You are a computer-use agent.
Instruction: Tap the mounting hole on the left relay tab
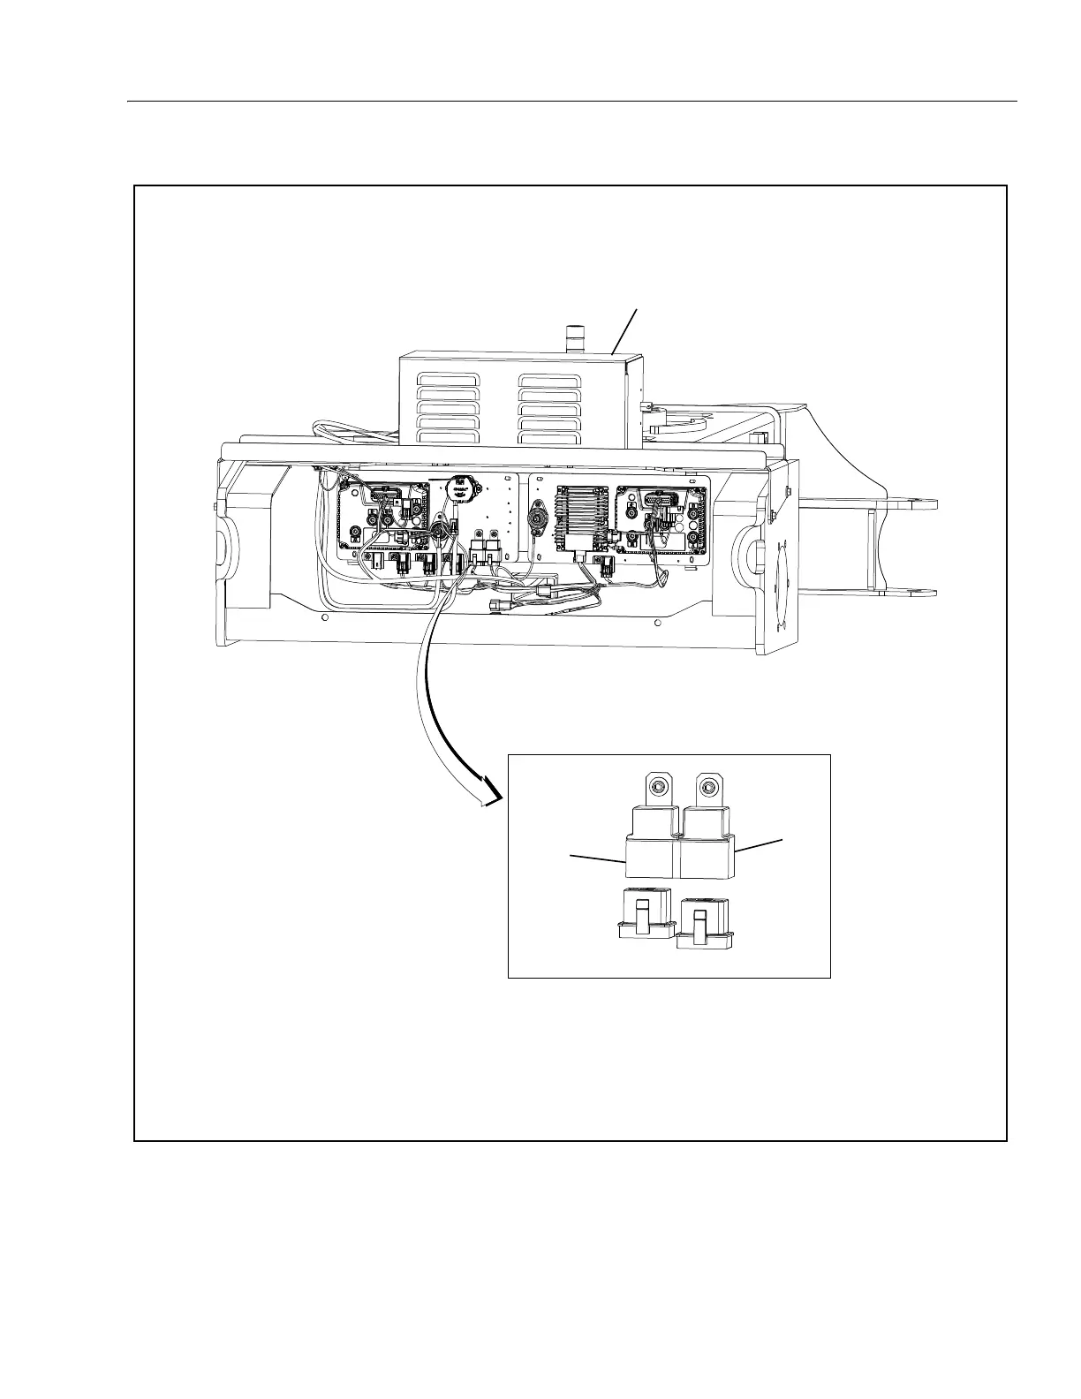pyautogui.click(x=656, y=785)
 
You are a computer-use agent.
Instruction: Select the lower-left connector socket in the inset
pyautogui.click(x=645, y=915)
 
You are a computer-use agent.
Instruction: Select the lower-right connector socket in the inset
pyautogui.click(x=704, y=924)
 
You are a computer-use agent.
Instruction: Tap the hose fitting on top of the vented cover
pyautogui.click(x=575, y=339)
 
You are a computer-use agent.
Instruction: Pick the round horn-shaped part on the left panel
pyautogui.click(x=459, y=489)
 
